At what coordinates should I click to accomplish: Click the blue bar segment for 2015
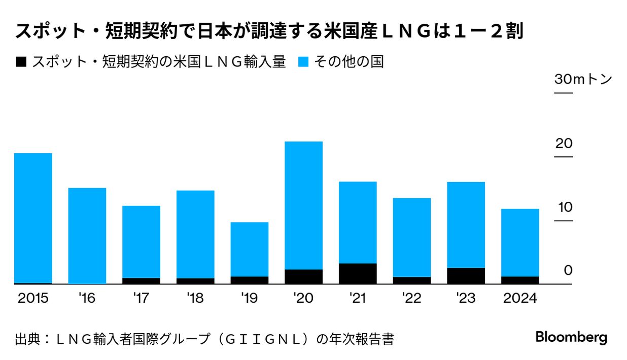33,218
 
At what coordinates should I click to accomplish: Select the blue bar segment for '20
303,205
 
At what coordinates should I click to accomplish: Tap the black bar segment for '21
358,273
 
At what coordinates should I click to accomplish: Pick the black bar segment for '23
466,275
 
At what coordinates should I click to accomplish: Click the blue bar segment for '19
250,249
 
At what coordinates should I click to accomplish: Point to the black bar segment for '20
303,276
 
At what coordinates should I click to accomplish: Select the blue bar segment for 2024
520,242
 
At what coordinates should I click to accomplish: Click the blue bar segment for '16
87,236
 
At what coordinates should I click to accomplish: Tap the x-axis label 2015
33,298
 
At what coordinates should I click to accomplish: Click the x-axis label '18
195,298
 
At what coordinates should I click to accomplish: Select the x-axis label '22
411,298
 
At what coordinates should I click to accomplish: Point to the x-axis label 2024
520,298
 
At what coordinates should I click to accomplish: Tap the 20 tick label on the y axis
564,143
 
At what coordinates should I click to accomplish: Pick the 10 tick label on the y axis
564,207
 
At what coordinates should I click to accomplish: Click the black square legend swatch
21,62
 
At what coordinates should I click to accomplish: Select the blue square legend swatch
303,62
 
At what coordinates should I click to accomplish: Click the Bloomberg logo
571,338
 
